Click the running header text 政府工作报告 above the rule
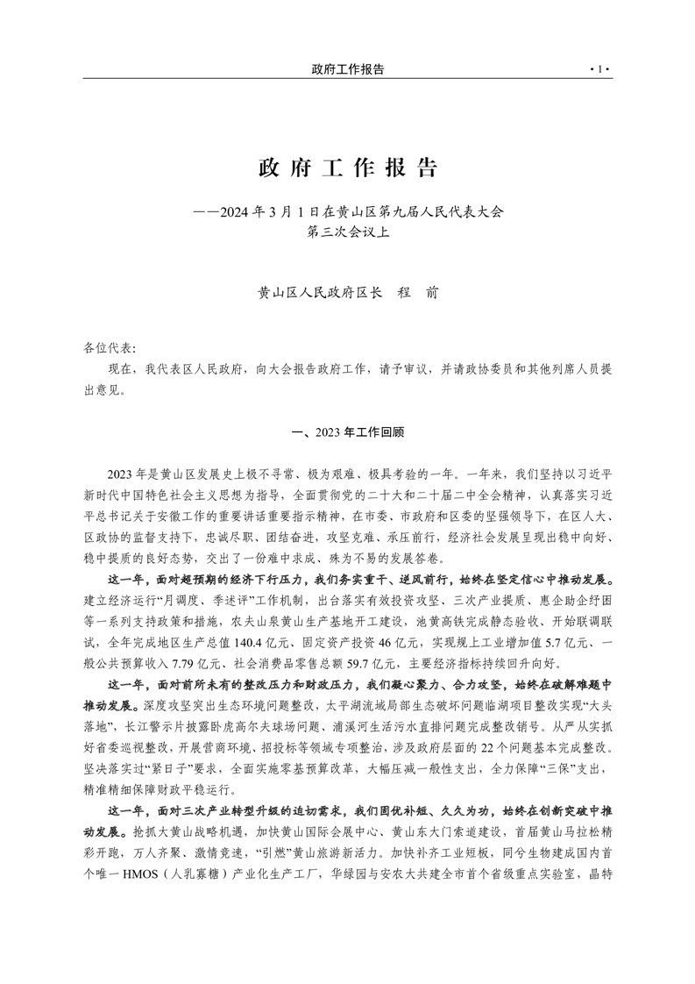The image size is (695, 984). coord(348,68)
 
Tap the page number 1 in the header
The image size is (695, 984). coord(600,68)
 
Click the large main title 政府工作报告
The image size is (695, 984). coord(348,167)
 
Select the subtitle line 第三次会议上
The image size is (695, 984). coord(348,232)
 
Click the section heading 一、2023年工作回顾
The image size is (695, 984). coord(348,432)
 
